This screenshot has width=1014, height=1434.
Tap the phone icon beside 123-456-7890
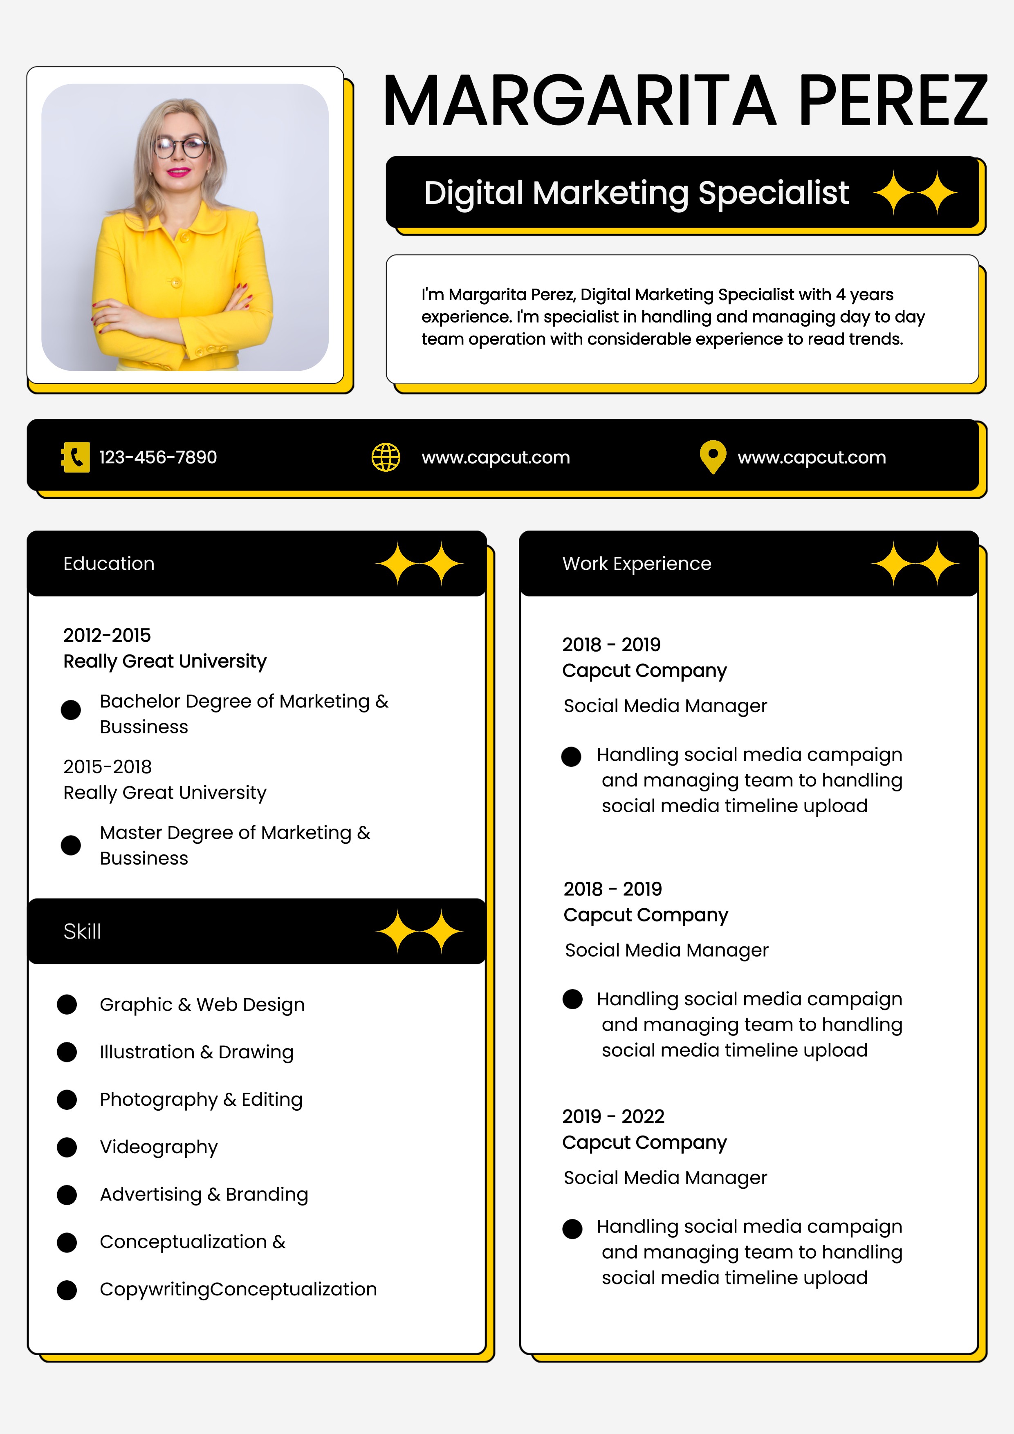(x=75, y=457)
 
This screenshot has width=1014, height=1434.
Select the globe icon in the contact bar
(x=386, y=457)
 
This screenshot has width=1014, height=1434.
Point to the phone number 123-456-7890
(x=158, y=457)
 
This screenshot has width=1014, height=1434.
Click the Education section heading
(x=109, y=563)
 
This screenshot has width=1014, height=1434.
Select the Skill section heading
(x=82, y=931)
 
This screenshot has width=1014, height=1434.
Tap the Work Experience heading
(x=637, y=563)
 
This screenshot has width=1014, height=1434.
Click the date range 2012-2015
(x=107, y=635)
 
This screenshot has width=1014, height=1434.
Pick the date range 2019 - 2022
(x=613, y=1116)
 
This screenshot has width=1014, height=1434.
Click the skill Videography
(x=159, y=1147)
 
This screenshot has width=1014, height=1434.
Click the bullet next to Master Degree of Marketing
(x=71, y=845)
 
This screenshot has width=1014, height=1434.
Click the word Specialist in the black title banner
(x=774, y=193)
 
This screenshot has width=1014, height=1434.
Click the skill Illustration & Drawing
(x=196, y=1052)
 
